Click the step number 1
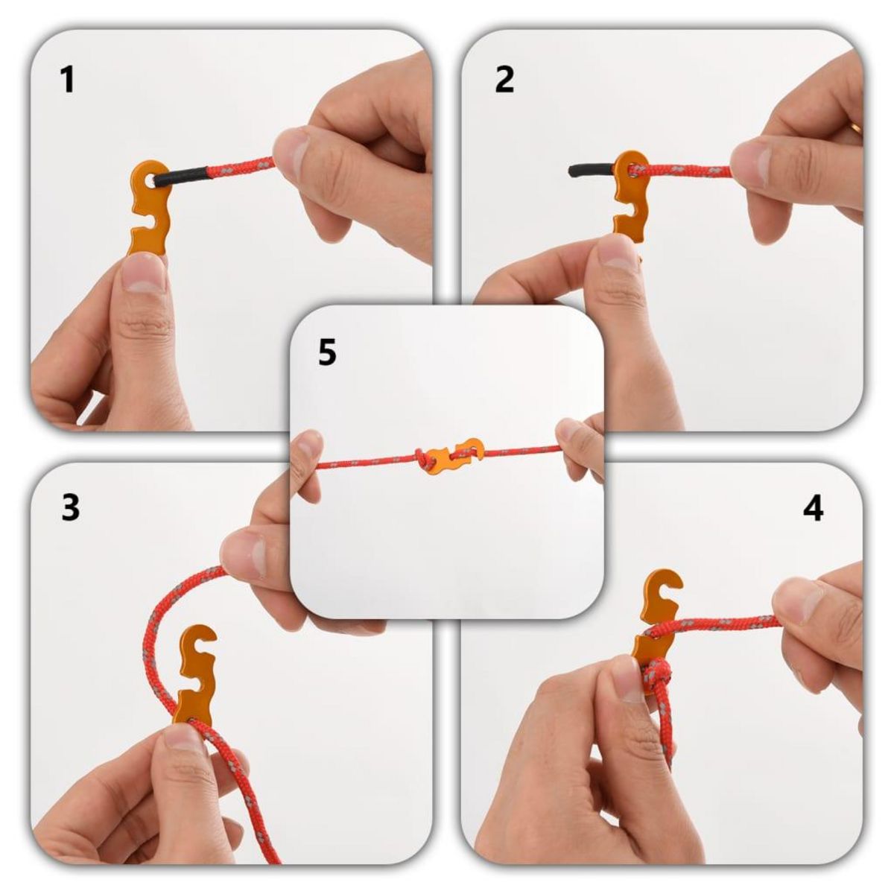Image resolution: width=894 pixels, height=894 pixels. [68, 80]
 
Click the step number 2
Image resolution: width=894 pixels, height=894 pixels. [504, 80]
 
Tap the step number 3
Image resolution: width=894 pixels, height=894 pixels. [70, 508]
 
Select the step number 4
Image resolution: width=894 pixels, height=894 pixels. [814, 508]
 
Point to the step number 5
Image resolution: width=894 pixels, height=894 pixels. [327, 352]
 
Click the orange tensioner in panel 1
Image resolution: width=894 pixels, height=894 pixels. [151, 205]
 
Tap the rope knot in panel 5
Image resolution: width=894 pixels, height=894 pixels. [425, 459]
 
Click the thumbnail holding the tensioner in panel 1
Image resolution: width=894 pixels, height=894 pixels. [144, 277]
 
